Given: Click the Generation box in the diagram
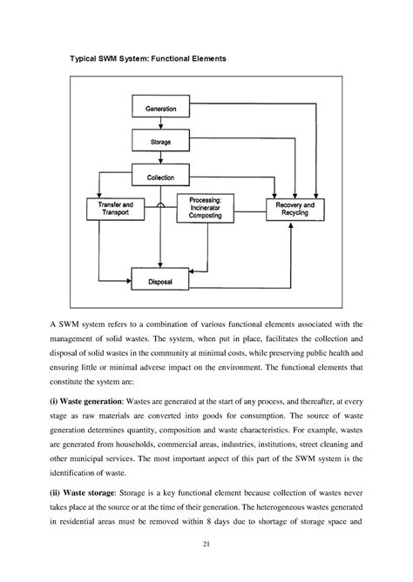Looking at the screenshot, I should coord(161,108).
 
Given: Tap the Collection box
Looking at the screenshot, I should coord(161,177).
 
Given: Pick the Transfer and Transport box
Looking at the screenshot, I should coord(109,208).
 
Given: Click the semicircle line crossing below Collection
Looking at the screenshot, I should coord(161,204).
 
